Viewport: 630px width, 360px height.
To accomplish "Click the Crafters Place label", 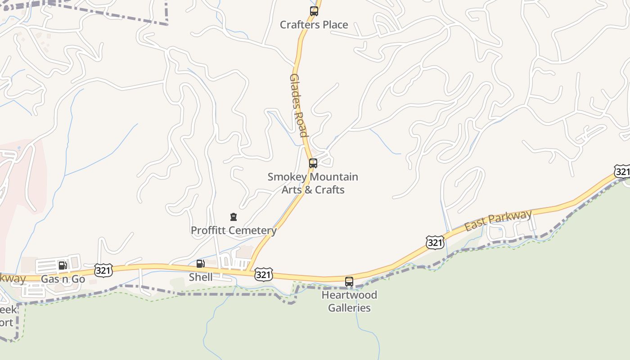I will point(314,25).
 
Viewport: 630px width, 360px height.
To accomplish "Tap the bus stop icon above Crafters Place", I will point(314,11).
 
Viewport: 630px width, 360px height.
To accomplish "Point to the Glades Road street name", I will point(298,105).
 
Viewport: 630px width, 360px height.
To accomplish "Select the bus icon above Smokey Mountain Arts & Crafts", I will point(313,163).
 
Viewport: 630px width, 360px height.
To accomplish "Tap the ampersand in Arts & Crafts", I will point(308,190).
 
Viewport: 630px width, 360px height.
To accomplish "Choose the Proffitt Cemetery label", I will point(234,230).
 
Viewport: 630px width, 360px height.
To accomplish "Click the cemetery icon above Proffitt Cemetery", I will point(233,217).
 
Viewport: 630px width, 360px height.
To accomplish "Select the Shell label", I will point(201,277).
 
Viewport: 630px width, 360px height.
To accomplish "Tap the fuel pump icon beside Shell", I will point(200,264).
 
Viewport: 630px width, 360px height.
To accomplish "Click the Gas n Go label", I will point(63,279).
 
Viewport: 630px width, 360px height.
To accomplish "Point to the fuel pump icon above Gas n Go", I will point(63,265).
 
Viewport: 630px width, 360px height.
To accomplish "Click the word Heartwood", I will point(349,295).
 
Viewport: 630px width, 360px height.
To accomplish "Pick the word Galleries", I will point(349,308).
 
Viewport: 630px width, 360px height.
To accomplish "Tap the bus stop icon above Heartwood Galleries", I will point(349,282).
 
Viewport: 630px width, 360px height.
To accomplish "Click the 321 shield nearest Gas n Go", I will point(103,270).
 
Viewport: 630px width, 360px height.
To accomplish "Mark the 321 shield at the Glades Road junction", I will point(263,274).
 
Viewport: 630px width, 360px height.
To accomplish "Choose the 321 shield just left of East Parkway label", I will point(435,243).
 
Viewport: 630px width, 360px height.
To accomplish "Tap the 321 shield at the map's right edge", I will point(622,171).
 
